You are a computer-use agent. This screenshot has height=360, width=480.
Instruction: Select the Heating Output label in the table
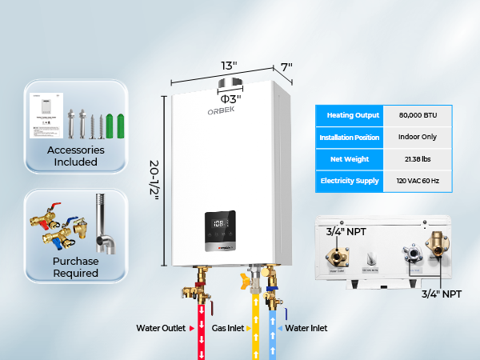[x=350, y=115]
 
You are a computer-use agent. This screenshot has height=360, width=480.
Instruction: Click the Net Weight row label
[x=350, y=159]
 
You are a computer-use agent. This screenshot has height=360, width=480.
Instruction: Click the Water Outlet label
[x=161, y=328]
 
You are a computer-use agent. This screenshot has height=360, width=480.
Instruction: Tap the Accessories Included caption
[x=77, y=155]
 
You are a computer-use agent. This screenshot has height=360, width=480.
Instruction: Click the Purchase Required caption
[x=77, y=266]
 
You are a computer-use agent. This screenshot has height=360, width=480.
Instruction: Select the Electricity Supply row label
[x=350, y=181]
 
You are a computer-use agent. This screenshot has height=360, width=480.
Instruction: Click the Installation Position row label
[x=350, y=137]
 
